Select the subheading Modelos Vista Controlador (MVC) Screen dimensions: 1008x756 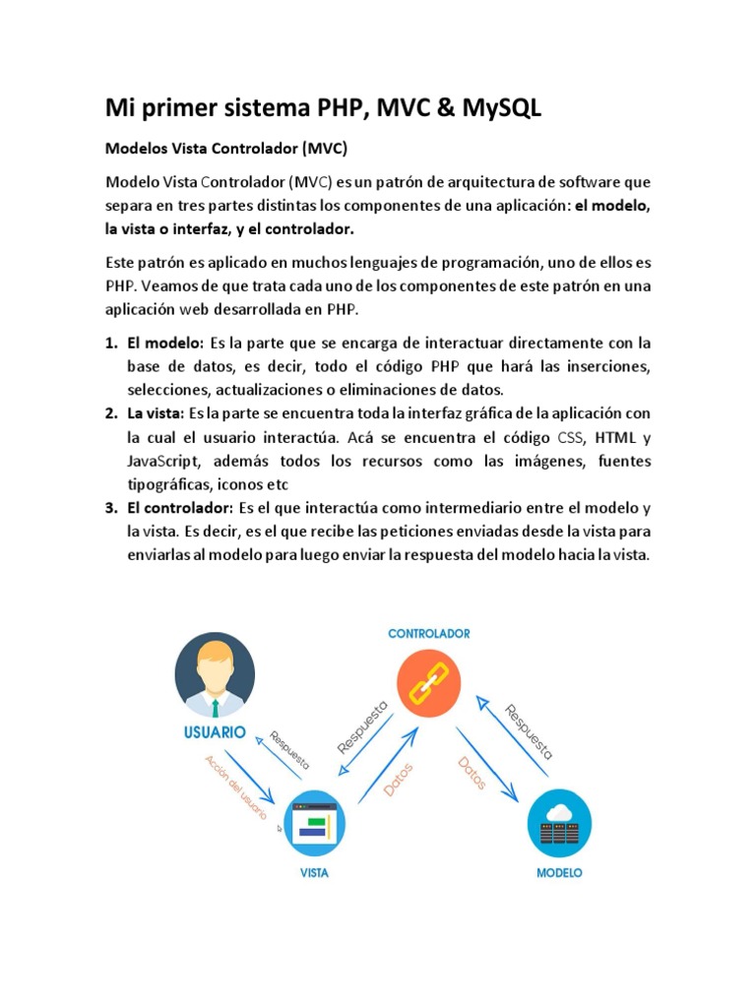tap(226, 151)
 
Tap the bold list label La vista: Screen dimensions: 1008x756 tap(156, 412)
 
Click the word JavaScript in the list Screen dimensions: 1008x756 tap(160, 462)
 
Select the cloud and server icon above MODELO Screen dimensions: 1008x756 tap(559, 822)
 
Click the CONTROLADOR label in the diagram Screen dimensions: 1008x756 tap(428, 634)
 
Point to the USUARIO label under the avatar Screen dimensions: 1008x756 tap(215, 732)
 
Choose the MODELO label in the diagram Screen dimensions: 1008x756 tap(559, 872)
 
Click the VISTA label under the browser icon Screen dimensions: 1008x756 tap(315, 873)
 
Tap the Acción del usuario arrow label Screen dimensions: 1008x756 tap(236, 787)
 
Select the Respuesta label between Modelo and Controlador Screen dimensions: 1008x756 tap(529, 732)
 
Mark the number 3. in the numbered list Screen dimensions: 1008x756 tap(110, 508)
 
